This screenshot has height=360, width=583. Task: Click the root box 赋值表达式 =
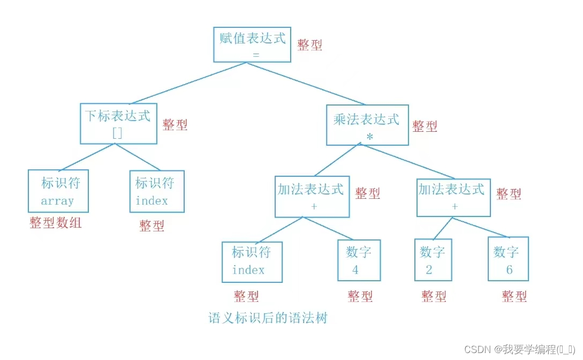click(x=252, y=44)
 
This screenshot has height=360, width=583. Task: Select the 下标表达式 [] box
click(x=118, y=124)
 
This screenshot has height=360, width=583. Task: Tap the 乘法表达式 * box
click(x=367, y=125)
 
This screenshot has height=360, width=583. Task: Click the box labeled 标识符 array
click(x=58, y=191)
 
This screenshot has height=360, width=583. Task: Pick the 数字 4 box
click(x=359, y=260)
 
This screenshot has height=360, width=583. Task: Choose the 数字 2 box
click(x=433, y=260)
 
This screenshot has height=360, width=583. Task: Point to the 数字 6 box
click(x=508, y=259)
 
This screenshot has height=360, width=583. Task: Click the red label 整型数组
click(x=56, y=223)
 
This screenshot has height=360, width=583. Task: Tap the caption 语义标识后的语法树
click(x=268, y=318)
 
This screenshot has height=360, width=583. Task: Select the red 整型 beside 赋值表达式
click(x=310, y=45)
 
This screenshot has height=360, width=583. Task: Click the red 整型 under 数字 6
click(x=514, y=296)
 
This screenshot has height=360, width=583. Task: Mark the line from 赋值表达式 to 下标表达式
click(x=187, y=83)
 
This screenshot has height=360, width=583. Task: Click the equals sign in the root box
click(x=256, y=55)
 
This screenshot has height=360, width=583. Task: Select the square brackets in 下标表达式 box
click(x=117, y=133)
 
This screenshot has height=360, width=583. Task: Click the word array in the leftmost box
click(x=57, y=201)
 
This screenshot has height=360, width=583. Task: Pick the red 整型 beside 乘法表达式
click(x=425, y=126)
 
